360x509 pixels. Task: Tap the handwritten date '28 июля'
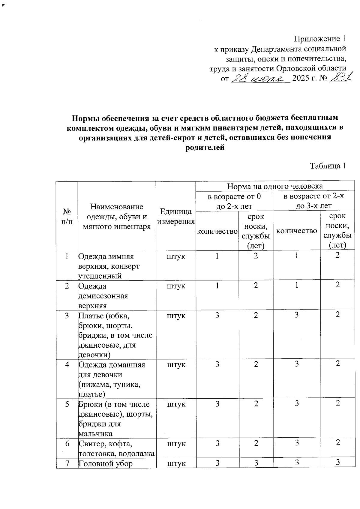258,79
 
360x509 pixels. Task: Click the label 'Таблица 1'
328,166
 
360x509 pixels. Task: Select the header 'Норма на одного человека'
275,186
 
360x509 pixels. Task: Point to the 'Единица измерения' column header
176,217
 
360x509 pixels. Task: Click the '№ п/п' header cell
67,217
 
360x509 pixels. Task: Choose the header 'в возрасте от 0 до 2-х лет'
234,201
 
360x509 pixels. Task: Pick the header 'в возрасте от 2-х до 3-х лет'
313,201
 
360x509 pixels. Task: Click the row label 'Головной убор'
105,463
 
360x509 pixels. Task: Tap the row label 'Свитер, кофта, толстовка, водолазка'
116,448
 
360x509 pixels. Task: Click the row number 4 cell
67,364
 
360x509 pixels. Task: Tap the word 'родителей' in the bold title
205,147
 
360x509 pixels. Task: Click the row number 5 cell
67,404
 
